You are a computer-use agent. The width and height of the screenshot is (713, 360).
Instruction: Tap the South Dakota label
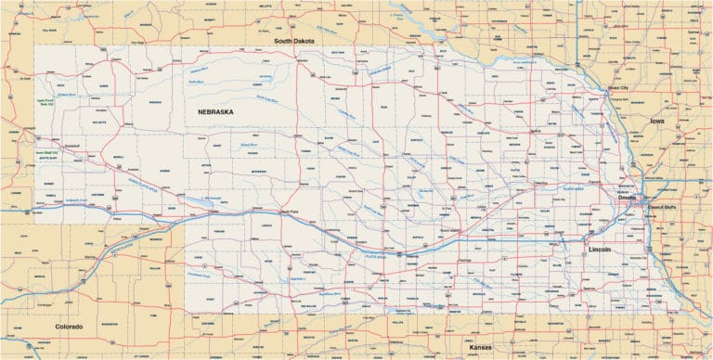point(296,41)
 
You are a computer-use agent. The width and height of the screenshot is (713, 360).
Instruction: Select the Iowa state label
point(657,121)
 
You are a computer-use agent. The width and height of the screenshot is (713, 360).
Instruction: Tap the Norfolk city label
point(533,132)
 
